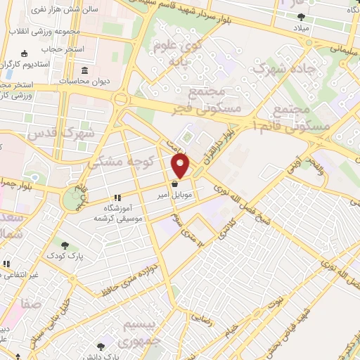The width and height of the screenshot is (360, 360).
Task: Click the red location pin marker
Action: click(x=181, y=165)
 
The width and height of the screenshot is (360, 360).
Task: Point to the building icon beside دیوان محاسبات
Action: click(x=84, y=71)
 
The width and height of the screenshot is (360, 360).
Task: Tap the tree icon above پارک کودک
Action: click(x=65, y=245)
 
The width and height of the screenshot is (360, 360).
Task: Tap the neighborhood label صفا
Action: click(x=30, y=304)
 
